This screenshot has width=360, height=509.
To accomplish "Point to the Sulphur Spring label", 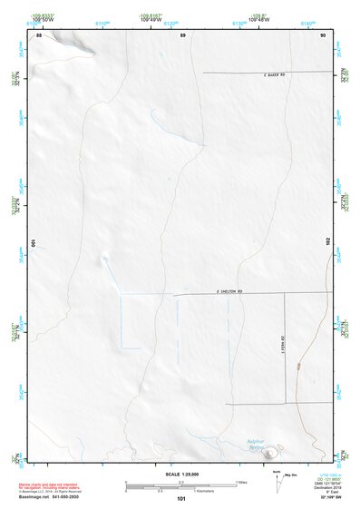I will (x=258, y=445).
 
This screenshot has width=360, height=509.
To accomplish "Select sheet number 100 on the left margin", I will (x=34, y=243).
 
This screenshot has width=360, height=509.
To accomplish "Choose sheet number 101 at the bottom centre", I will (x=182, y=499).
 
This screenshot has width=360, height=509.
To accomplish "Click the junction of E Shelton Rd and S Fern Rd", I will (x=285, y=294).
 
